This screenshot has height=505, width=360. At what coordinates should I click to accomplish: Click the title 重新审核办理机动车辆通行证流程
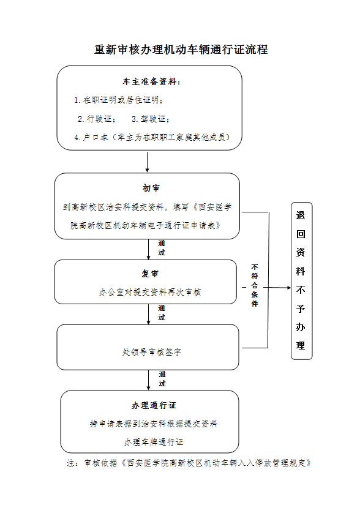[181, 50]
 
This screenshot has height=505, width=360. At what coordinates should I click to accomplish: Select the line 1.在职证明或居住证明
[119, 100]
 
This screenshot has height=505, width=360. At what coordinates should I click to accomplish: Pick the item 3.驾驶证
[151, 119]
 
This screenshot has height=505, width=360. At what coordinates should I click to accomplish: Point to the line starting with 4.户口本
[152, 138]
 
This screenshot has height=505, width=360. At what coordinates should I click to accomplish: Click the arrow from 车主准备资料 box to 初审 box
[148, 162]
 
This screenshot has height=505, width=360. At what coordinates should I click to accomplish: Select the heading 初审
[151, 188]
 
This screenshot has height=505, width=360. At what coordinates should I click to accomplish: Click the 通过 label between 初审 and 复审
[162, 248]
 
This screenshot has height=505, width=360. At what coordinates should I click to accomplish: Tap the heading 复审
[150, 274]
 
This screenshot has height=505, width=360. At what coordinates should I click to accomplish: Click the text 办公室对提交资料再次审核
[150, 292]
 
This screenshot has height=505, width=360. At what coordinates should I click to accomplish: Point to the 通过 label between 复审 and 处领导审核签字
[162, 313]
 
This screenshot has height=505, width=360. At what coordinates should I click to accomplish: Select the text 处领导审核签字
[151, 353]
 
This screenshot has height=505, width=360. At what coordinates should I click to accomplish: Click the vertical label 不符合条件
[255, 285]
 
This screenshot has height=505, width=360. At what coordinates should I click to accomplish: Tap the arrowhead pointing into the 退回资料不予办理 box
[289, 288]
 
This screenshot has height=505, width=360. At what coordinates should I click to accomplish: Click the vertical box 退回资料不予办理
[302, 281]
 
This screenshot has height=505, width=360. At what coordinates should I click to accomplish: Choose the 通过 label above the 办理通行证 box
[162, 379]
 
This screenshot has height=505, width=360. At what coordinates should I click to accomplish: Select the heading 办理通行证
[154, 405]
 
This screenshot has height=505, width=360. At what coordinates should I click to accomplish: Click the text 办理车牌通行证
[154, 442]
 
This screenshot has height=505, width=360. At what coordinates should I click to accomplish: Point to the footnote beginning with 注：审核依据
[189, 463]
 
